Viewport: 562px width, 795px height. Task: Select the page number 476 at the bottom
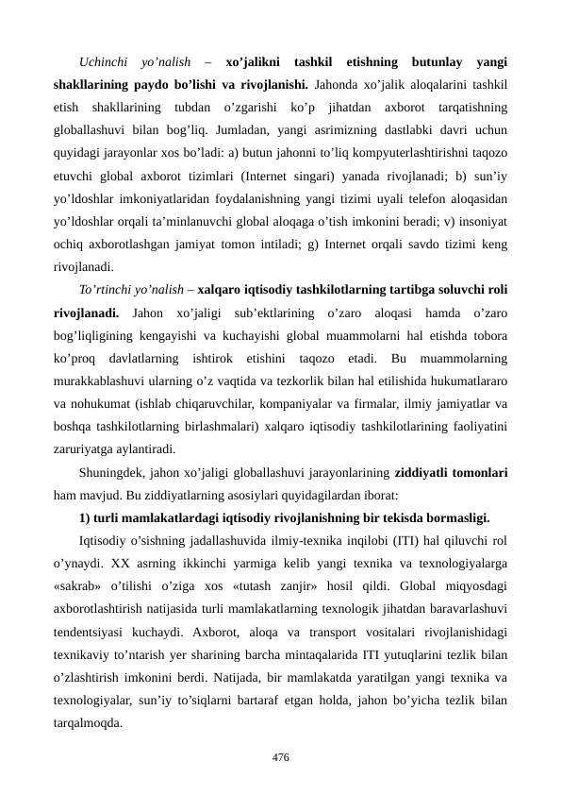click(280, 757)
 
